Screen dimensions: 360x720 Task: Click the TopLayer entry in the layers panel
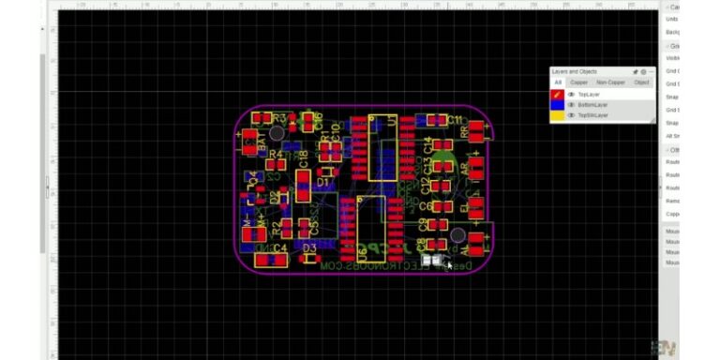[x=589, y=95]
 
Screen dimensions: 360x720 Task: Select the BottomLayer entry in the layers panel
[x=592, y=105]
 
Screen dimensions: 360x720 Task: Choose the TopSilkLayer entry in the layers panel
[x=593, y=115]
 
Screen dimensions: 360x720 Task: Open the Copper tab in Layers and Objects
[x=579, y=82]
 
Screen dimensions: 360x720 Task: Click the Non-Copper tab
[x=610, y=82]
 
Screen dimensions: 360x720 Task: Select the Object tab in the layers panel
[x=641, y=82]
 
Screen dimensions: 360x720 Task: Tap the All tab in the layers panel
[x=558, y=82]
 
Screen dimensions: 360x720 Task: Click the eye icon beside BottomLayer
[x=571, y=105]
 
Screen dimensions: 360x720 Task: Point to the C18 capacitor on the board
[x=303, y=178]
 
